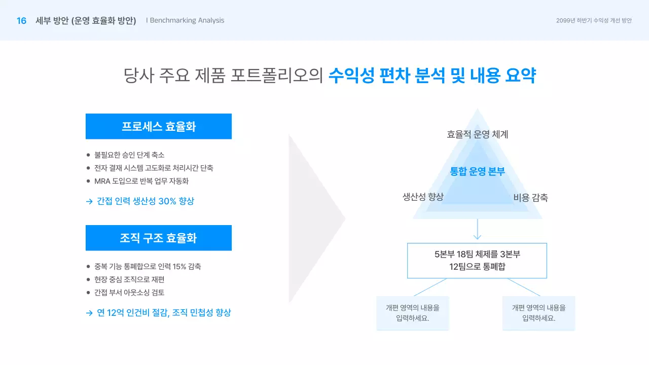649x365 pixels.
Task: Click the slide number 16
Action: click(21, 21)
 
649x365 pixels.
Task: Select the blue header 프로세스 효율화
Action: click(158, 126)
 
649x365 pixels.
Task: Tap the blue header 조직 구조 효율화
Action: click(158, 238)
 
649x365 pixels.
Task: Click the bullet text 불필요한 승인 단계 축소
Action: click(129, 155)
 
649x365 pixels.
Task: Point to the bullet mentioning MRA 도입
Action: click(141, 181)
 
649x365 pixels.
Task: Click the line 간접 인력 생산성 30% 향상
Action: click(145, 201)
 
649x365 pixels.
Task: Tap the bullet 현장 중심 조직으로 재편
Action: click(129, 279)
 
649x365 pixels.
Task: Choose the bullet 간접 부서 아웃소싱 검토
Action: click(129, 293)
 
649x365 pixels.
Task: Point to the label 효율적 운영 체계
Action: click(477, 134)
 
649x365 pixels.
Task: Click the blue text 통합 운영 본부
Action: click(477, 171)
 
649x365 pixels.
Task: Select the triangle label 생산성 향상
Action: click(423, 197)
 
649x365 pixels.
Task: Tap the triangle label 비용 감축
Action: click(530, 198)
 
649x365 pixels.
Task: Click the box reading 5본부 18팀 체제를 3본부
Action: click(477, 261)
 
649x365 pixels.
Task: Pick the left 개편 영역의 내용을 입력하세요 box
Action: click(412, 313)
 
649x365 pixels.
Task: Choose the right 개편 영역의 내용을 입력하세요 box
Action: click(538, 313)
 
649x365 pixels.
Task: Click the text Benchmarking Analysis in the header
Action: click(187, 21)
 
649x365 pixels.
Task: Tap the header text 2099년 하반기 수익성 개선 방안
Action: click(594, 21)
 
